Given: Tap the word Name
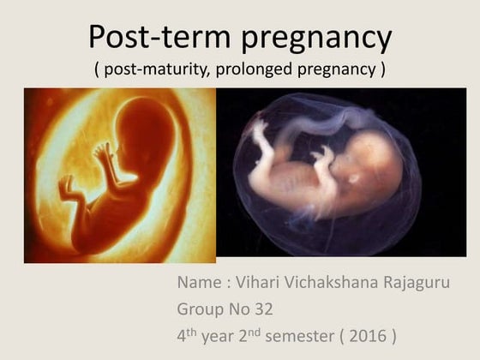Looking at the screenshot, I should pos(200,282).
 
